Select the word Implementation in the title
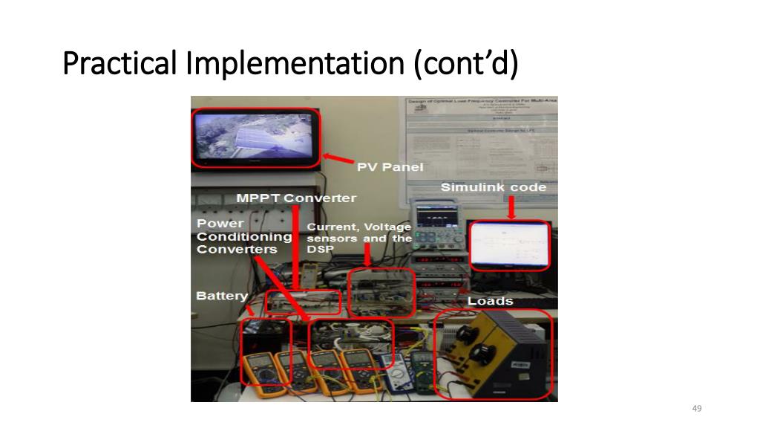click(x=292, y=64)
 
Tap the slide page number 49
click(x=696, y=409)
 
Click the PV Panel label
click(x=390, y=167)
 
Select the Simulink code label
click(x=493, y=187)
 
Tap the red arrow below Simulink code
click(x=511, y=207)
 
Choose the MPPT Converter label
click(x=296, y=198)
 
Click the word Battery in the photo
click(x=221, y=296)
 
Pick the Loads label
click(x=490, y=301)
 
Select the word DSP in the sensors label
click(x=320, y=250)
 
